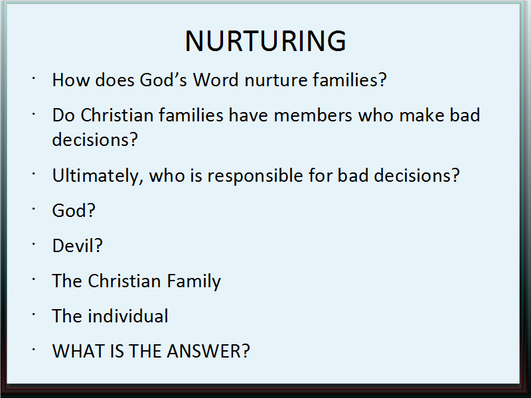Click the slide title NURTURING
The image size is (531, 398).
tap(265, 41)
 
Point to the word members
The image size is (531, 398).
tap(313, 115)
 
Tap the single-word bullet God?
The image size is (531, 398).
tap(74, 210)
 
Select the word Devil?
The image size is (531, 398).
tap(77, 245)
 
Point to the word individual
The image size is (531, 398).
tap(128, 316)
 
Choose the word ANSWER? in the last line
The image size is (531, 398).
tap(208, 351)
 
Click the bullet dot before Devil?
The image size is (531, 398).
tap(34, 244)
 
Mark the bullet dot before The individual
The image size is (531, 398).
tap(34, 314)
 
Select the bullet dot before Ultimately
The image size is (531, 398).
tap(34, 174)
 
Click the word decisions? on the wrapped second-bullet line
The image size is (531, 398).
tap(95, 139)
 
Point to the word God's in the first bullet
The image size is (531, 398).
tap(163, 80)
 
